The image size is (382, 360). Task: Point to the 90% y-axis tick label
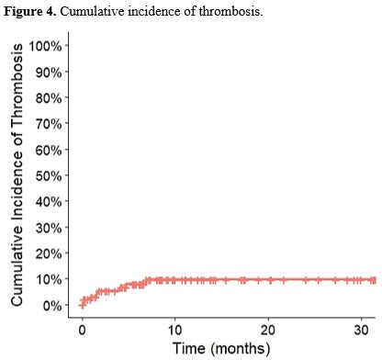click(47, 72)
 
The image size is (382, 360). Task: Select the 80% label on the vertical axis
click(47, 97)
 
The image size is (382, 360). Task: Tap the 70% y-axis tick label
click(47, 123)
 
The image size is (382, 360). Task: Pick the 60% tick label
click(47, 149)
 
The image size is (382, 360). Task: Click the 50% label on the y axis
click(47, 174)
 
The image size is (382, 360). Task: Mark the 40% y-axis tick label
click(47, 201)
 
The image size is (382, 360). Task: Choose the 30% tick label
click(47, 227)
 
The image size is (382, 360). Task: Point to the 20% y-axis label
click(47, 253)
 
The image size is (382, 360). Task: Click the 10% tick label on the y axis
click(47, 278)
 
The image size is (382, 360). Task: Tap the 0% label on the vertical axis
click(51, 304)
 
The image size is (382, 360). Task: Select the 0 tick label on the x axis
click(82, 329)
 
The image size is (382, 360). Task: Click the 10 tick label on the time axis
click(174, 329)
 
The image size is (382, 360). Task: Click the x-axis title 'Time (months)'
click(221, 348)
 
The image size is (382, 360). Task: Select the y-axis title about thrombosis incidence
click(17, 174)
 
